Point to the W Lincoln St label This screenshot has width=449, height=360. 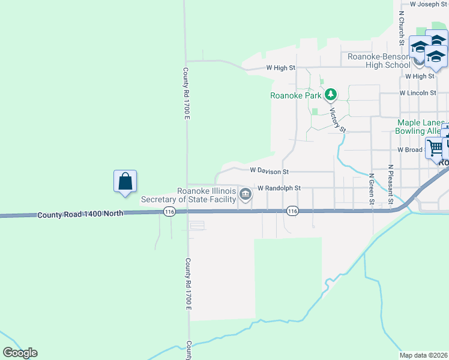click(417, 93)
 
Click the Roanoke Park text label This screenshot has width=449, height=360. click(296, 95)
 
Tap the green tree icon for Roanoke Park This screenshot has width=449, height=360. click(330, 95)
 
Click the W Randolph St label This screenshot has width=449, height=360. click(279, 188)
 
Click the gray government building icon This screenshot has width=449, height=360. click(246, 194)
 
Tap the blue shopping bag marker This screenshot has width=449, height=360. click(125, 181)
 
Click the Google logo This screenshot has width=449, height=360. click(20, 353)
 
